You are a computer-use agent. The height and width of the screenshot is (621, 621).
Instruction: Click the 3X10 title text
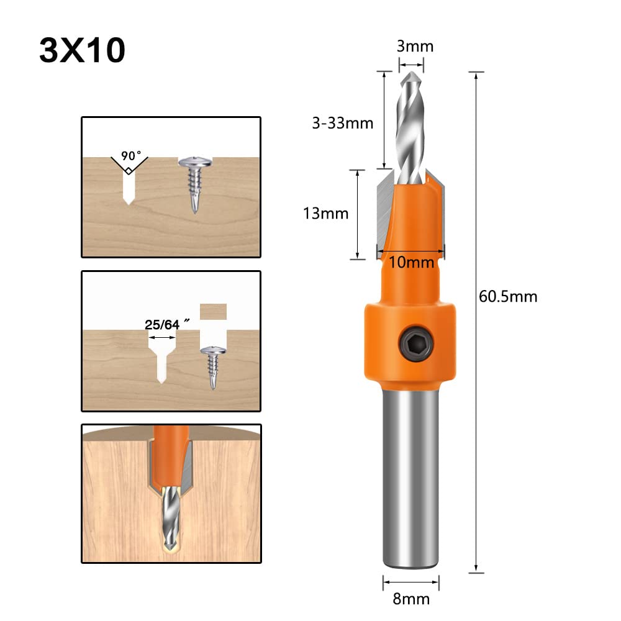coord(82,50)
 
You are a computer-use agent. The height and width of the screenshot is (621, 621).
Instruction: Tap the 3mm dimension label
coord(415,45)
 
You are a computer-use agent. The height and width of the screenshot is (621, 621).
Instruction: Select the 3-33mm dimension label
coord(342,123)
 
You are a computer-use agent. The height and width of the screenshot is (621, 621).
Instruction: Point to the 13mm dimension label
coord(325,214)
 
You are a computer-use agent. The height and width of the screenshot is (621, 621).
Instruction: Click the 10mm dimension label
coord(411,261)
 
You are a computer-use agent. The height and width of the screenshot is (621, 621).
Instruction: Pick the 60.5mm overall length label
coord(507,296)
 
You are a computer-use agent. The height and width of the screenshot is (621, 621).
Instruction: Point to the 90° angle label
coord(131,155)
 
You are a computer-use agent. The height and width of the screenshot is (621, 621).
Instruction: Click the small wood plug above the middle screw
coord(213,310)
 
